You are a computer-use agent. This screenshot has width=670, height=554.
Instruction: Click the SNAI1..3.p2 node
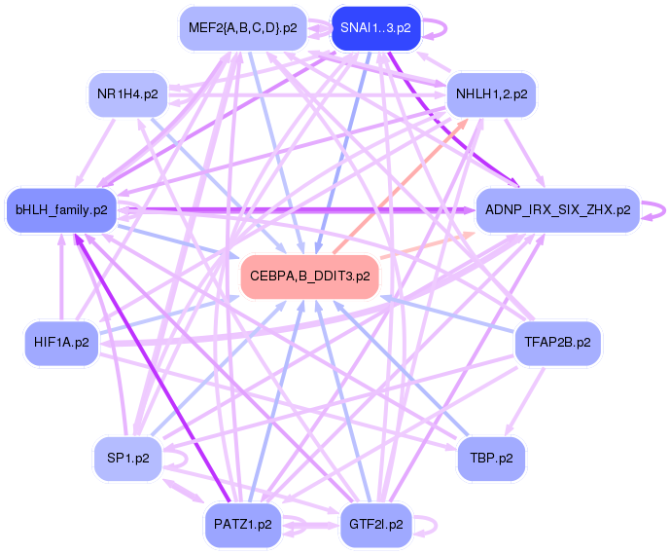(375, 27)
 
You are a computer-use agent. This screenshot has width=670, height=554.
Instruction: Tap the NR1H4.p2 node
(126, 94)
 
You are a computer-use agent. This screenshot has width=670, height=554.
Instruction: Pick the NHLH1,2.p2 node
(491, 94)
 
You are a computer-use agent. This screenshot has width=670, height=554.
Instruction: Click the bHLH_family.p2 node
(61, 209)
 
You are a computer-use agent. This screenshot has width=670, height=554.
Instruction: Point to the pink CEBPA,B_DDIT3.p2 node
(309, 277)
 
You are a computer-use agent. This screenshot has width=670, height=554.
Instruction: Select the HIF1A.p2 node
(61, 343)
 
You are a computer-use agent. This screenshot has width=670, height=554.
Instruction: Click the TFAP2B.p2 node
(557, 343)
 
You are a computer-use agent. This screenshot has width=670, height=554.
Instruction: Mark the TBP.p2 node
(491, 457)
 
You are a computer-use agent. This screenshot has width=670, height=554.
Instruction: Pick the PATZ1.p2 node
(242, 524)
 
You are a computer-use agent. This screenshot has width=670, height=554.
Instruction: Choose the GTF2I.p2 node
(375, 524)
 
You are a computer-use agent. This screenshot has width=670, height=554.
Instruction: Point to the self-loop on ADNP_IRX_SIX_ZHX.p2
(662, 208)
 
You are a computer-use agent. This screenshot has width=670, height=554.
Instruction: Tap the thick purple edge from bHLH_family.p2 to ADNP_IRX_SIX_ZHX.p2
(292, 209)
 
